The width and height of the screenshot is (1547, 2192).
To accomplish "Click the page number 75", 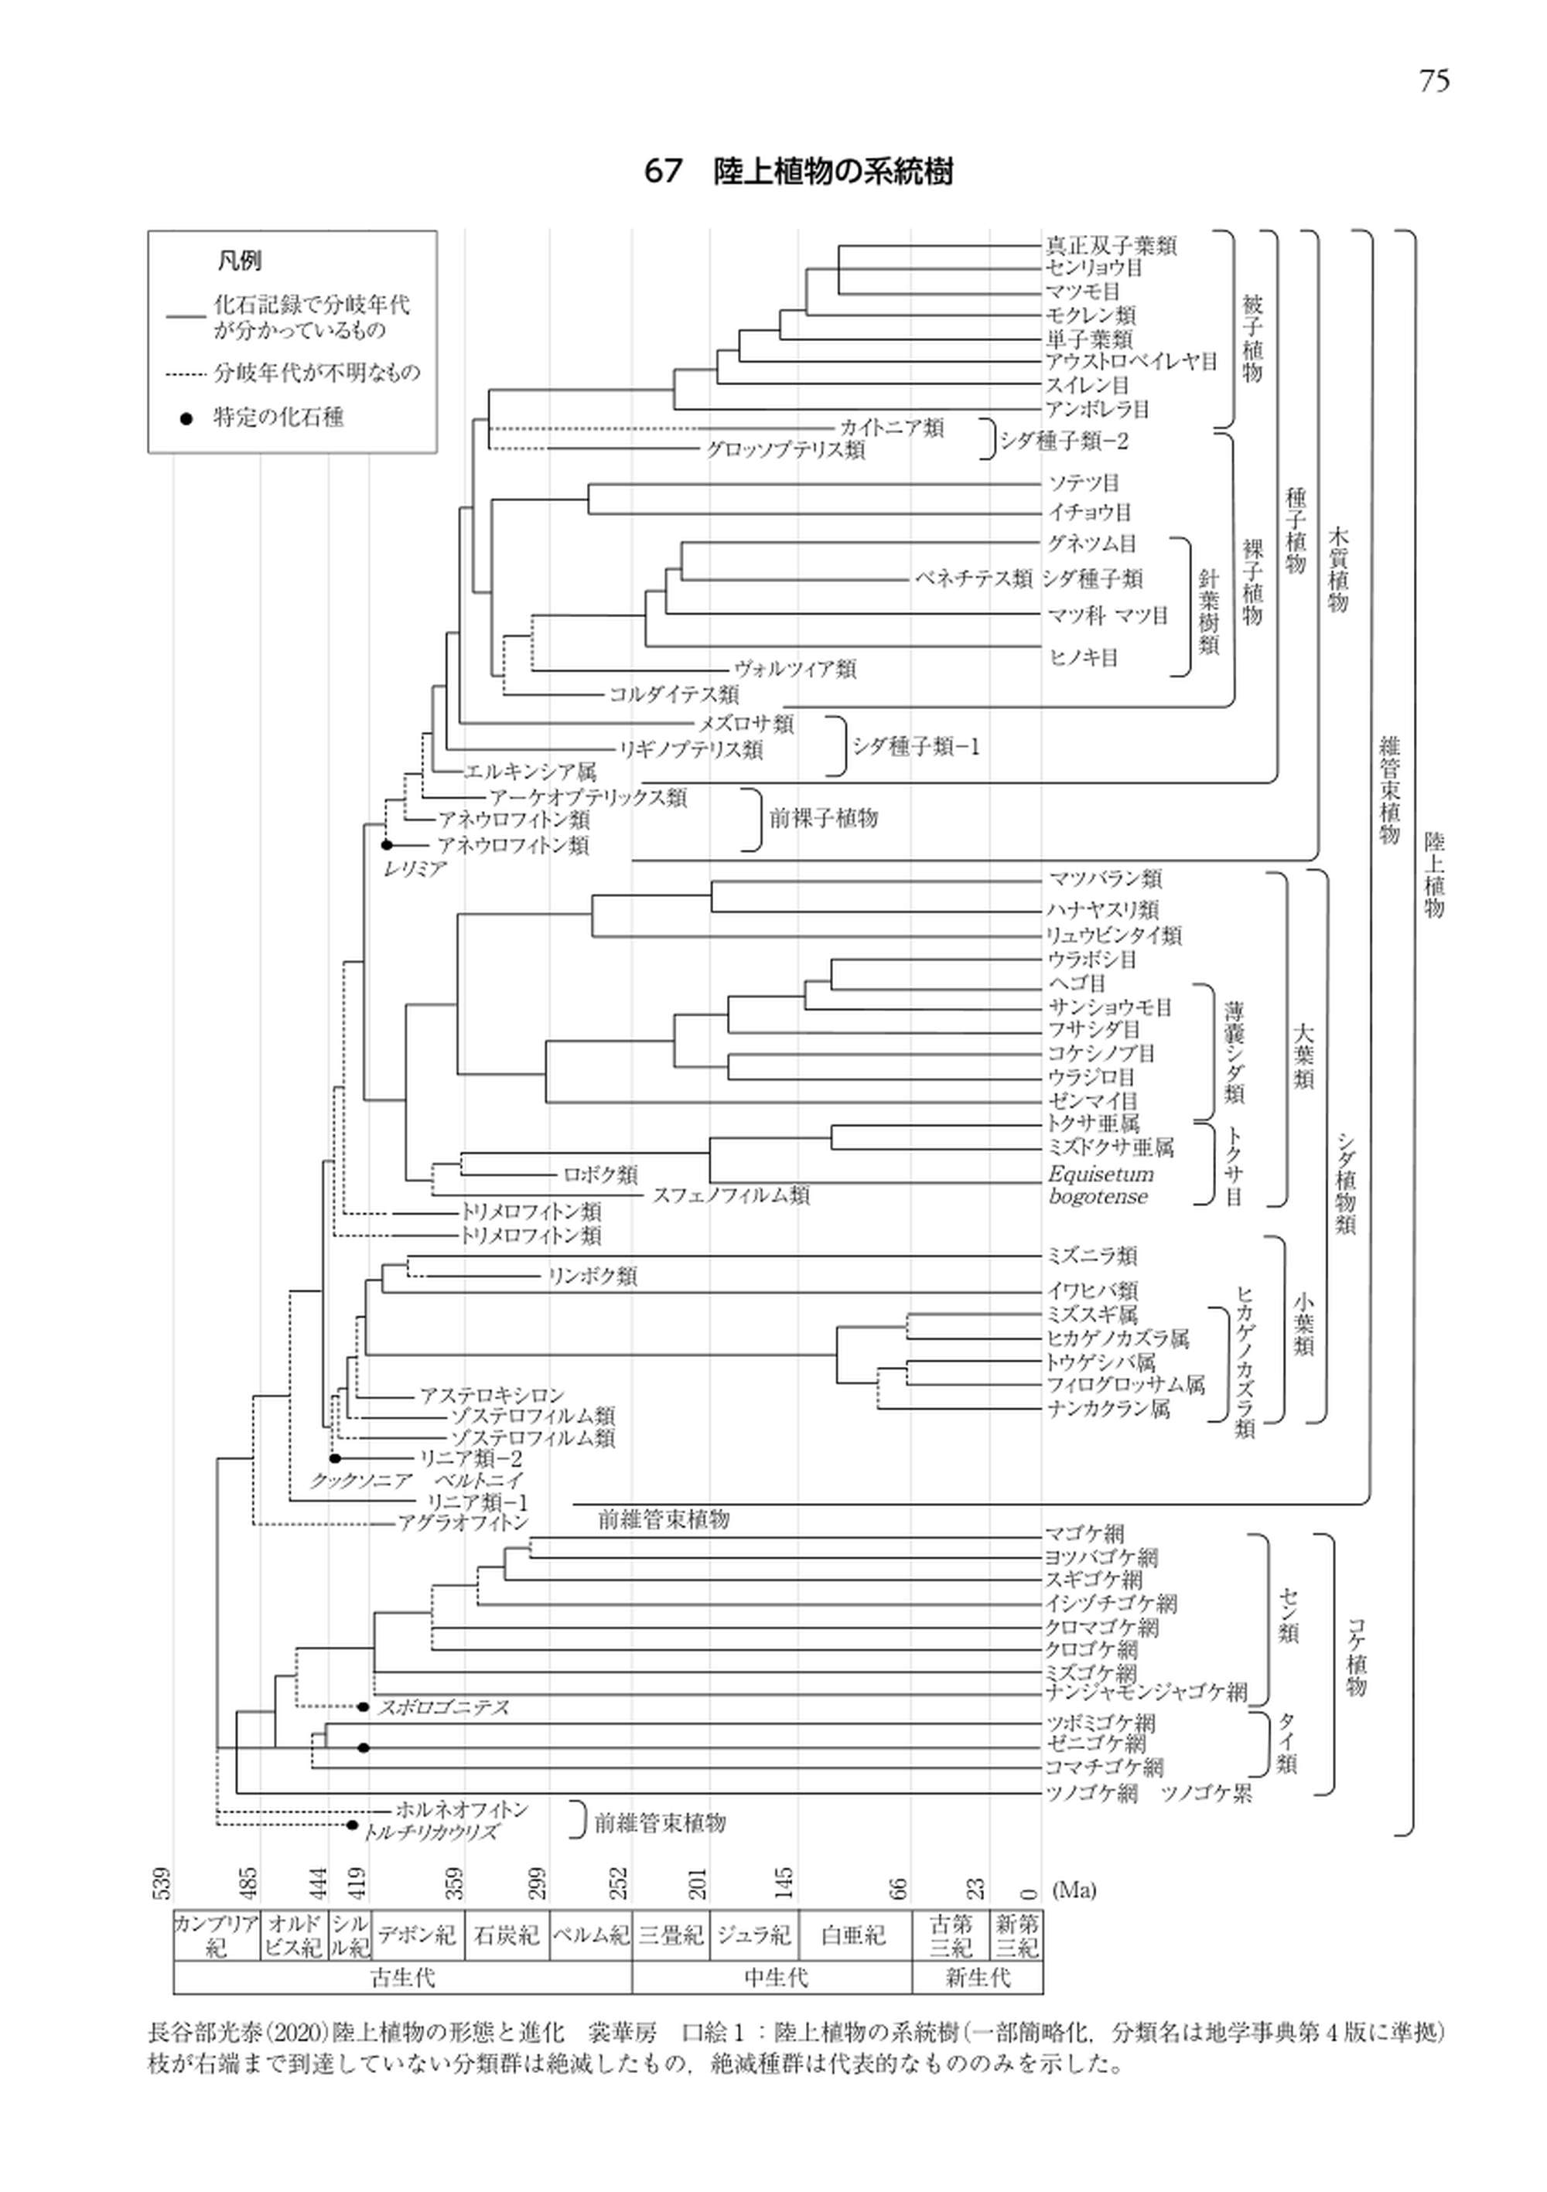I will click(1433, 81).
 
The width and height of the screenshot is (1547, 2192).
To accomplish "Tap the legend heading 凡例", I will click(239, 261).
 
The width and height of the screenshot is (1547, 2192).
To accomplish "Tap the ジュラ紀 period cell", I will click(754, 1935).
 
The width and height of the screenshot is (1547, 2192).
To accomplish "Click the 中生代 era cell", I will click(774, 1976).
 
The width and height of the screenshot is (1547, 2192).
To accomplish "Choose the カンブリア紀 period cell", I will click(216, 1935).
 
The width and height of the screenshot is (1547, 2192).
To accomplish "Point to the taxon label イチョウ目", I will click(1090, 512).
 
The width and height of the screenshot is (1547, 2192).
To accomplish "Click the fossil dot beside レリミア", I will click(387, 845).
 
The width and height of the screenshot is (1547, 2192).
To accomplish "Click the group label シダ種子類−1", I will click(916, 747).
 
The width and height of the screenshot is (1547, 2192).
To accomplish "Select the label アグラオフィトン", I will click(463, 1522).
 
